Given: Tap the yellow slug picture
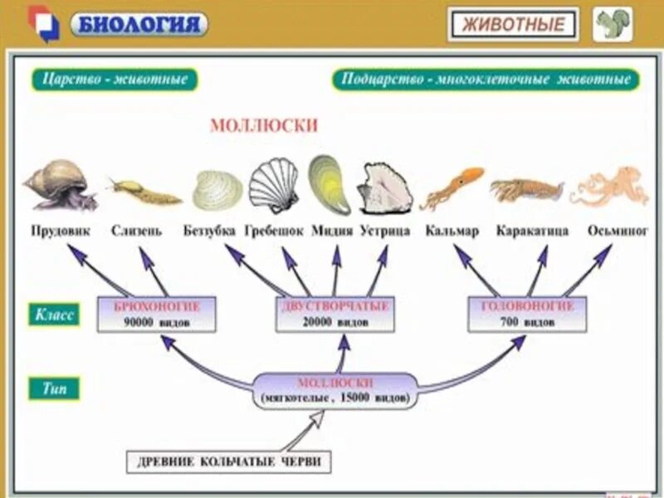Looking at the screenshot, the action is coord(143,193).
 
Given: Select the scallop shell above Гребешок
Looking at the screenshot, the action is coord(273,185).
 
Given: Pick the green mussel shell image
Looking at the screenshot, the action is coord(329,183).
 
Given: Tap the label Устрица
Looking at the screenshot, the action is coord(385,231).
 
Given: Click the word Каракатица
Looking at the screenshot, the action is coord(532,231).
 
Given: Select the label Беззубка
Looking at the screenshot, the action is coord(209,231).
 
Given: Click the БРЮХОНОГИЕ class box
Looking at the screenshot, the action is coord(156,314).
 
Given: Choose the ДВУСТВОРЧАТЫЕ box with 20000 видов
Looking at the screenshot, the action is coord(334,314).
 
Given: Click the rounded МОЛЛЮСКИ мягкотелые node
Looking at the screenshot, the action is coord(334,390).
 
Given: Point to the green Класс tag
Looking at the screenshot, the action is coord(56,315).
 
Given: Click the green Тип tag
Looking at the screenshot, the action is coord(56,388).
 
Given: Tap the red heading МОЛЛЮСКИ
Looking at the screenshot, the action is coord(264,125).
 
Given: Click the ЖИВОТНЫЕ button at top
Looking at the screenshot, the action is coord(512,24).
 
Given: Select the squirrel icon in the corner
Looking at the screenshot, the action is coord(613,24).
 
